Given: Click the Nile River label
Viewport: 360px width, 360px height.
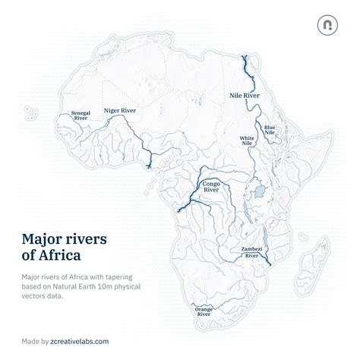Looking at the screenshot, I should coord(244,96).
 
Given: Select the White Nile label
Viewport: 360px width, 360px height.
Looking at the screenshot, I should coord(247,141).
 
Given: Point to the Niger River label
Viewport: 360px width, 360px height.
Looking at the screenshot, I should coord(119,111).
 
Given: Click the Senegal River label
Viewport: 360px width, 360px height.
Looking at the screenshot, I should coord(81,116).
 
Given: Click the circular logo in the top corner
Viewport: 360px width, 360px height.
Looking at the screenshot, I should coord(327,25).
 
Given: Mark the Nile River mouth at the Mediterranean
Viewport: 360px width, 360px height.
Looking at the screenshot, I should coord(245,58).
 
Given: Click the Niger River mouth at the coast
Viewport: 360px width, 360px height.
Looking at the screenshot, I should coord(150,166).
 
